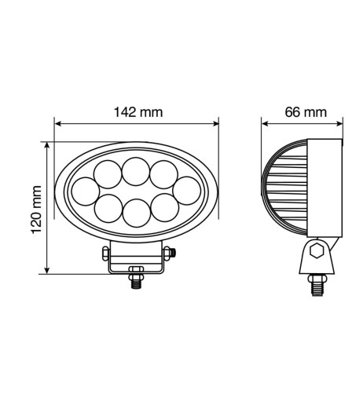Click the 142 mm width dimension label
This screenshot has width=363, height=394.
[137, 112]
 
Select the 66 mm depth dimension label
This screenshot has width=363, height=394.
[305, 112]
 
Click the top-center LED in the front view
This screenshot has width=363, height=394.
[136, 170]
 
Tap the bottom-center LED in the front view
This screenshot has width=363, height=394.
[136, 211]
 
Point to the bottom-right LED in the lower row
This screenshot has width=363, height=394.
[163, 209]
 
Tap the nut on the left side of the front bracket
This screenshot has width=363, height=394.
[104, 252]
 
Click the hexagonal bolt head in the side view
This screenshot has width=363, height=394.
[318, 252]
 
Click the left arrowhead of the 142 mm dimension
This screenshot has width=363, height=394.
[57, 122]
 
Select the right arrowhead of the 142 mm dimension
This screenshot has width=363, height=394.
[216, 122]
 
